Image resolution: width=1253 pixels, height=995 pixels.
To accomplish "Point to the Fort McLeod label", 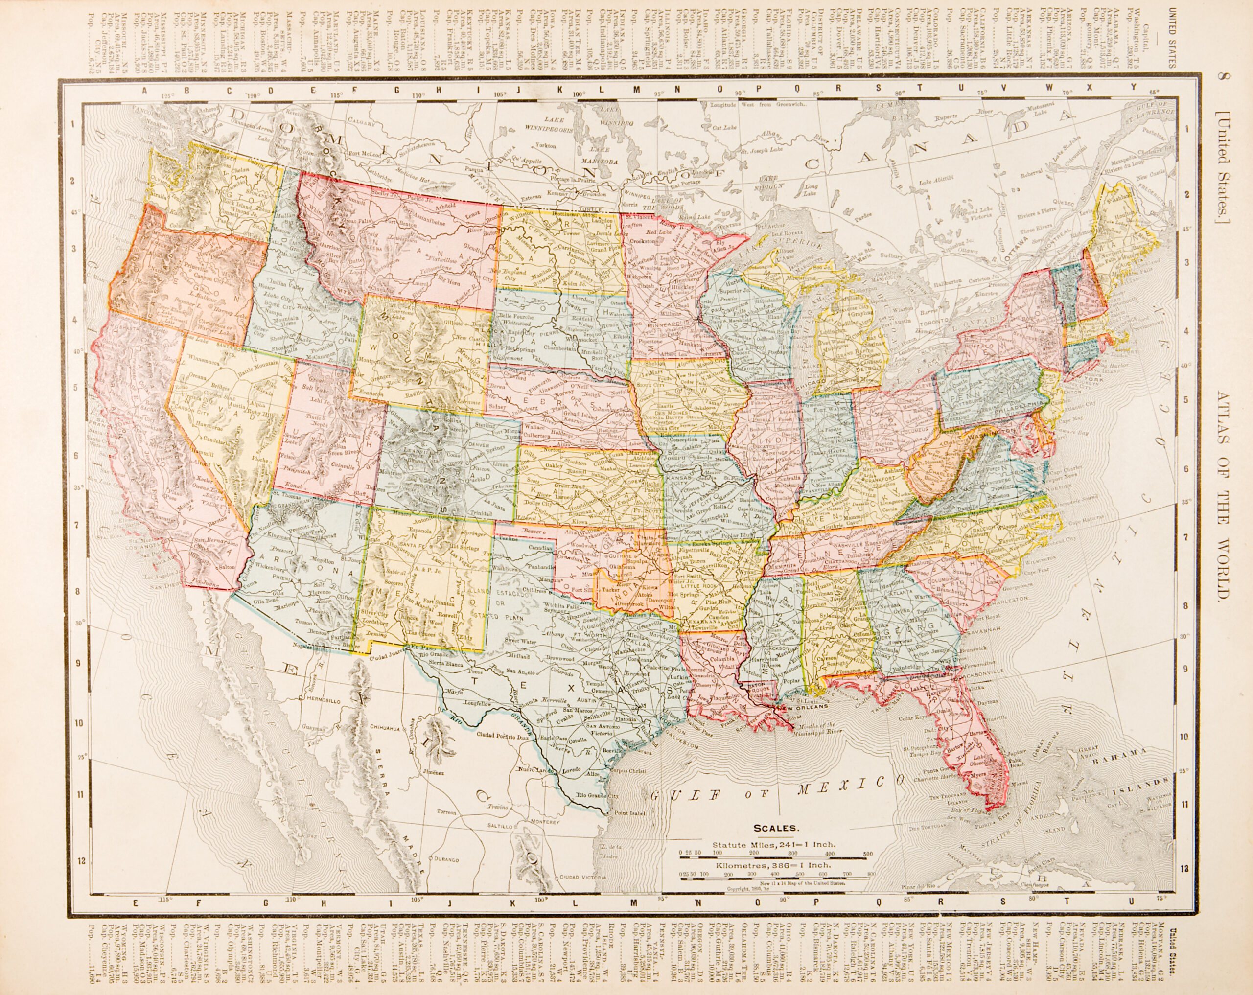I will (364, 154).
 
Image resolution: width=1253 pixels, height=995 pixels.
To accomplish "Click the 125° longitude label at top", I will (168, 95).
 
